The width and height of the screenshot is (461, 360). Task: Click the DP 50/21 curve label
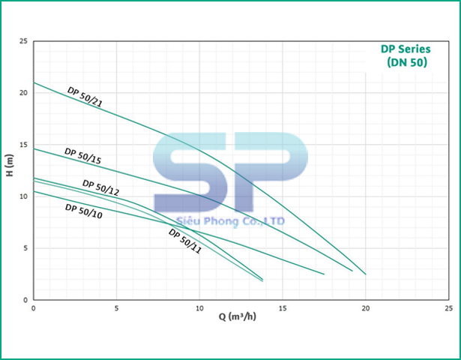(x=85, y=97)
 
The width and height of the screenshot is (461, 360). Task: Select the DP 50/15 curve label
(x=82, y=155)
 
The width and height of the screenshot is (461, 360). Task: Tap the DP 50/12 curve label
(x=100, y=187)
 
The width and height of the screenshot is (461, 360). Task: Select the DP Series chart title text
(x=406, y=49)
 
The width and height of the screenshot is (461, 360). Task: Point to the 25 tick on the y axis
(x=24, y=42)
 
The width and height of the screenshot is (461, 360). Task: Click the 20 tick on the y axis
(x=24, y=93)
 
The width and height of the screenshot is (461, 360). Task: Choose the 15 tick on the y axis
(x=24, y=145)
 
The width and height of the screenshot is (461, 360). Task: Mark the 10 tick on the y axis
(x=24, y=196)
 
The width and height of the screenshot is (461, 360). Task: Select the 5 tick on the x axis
(x=116, y=307)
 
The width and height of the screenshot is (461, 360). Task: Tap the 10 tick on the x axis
(x=199, y=307)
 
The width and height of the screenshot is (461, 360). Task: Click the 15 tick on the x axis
(x=283, y=307)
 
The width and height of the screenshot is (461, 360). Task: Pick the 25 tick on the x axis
(x=448, y=307)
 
